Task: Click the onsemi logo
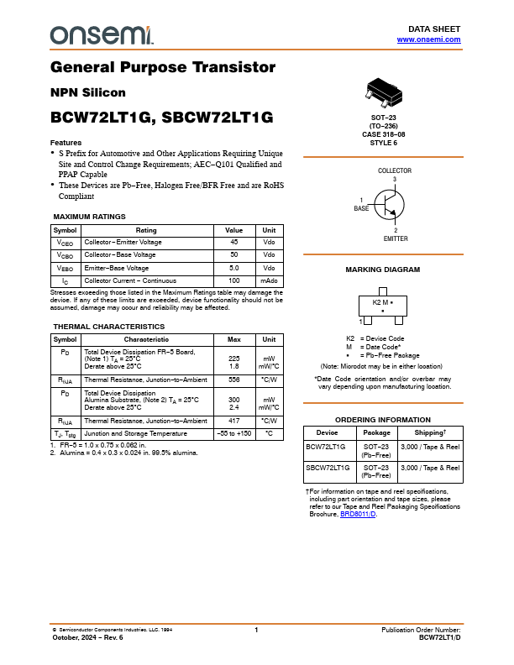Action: tap(102, 34)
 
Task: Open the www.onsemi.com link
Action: tap(428, 39)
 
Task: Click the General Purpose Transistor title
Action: tap(163, 67)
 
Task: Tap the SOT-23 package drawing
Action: tap(388, 93)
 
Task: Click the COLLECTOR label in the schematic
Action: tap(394, 170)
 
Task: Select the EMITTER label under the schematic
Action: tap(396, 238)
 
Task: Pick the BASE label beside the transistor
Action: tap(361, 207)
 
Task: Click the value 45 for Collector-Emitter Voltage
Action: tap(234, 242)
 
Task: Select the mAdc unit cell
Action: tap(269, 280)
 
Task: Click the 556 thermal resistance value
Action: tap(234, 380)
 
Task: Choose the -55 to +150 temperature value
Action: tap(234, 433)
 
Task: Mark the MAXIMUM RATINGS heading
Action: tap(89, 217)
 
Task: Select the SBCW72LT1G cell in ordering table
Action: tap(327, 468)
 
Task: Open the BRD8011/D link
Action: tap(358, 514)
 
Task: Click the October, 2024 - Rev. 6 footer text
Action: tap(87, 637)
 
